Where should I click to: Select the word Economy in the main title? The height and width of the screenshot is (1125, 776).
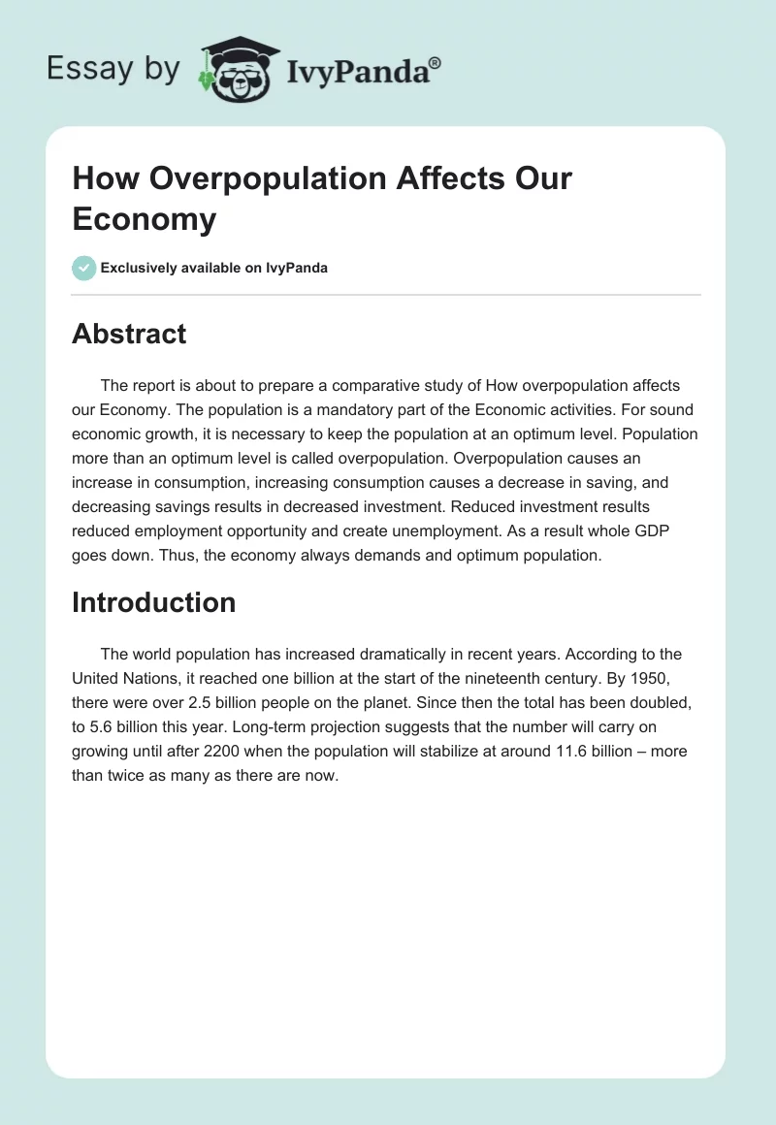(x=144, y=219)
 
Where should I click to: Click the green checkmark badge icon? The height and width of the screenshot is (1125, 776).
(x=84, y=268)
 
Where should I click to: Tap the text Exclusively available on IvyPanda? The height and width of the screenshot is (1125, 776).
(x=214, y=268)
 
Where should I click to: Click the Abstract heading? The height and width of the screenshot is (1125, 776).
(x=129, y=334)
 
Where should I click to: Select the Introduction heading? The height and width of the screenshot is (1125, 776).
(x=153, y=602)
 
